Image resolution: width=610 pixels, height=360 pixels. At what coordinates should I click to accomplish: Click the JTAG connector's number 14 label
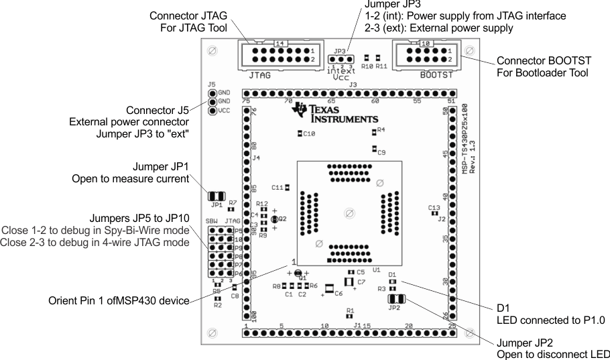tap(281, 44)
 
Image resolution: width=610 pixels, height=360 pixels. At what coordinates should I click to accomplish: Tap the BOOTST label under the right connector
tap(436, 76)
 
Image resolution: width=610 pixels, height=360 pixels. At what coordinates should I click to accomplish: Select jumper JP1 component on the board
tap(217, 195)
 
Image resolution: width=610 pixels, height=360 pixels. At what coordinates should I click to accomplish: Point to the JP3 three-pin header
tap(341, 59)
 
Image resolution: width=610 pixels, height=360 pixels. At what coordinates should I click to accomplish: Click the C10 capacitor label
tap(309, 134)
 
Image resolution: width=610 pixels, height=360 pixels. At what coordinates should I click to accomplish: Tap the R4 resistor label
tap(381, 129)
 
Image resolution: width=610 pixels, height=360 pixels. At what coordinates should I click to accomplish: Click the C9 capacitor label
tap(381, 153)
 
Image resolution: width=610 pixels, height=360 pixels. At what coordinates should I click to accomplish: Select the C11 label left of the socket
tap(278, 187)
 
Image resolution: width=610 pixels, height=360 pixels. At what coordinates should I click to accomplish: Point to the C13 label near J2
tap(434, 207)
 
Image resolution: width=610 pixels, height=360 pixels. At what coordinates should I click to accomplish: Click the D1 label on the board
tap(393, 274)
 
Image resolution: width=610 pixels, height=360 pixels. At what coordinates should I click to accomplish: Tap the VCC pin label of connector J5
tap(225, 111)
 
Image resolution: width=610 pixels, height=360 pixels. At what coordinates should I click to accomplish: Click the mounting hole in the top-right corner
tap(469, 50)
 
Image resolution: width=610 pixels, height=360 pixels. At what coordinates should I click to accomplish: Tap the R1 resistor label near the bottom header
tap(350, 310)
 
